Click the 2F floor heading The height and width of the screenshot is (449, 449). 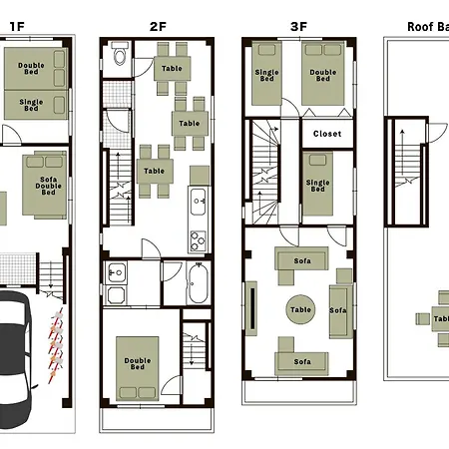(158, 27)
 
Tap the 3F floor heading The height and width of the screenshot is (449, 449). (298, 27)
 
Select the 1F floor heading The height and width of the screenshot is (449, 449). (17, 27)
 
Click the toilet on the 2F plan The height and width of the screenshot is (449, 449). (120, 53)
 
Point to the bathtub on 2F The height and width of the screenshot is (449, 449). (199, 282)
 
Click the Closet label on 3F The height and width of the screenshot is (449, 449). (327, 134)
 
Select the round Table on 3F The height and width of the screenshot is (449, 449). (300, 309)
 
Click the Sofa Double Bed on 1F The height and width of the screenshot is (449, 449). (45, 185)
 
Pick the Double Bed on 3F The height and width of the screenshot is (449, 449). (323, 74)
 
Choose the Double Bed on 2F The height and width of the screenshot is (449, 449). (138, 368)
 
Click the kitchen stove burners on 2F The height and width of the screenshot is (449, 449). (198, 240)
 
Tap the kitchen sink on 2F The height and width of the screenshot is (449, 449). (199, 202)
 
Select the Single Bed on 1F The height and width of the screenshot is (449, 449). (36, 105)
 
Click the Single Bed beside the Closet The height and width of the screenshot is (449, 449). (318, 184)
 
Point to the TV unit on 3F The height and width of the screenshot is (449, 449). (251, 308)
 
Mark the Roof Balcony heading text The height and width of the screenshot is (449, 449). (428, 27)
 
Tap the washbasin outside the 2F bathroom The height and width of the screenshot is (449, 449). (116, 273)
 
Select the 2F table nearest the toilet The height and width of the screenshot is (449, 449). (173, 68)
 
